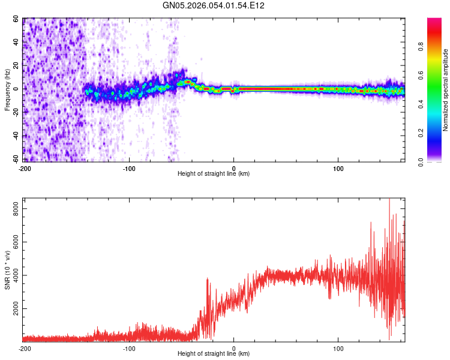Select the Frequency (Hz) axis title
(x=7, y=90)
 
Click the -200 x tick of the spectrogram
(x=25, y=167)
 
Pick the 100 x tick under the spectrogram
(x=338, y=167)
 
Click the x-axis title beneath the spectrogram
(x=214, y=174)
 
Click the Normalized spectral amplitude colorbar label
(x=446, y=90)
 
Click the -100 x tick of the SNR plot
(x=129, y=348)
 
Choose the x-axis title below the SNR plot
(x=214, y=355)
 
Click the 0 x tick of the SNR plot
(x=233, y=348)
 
